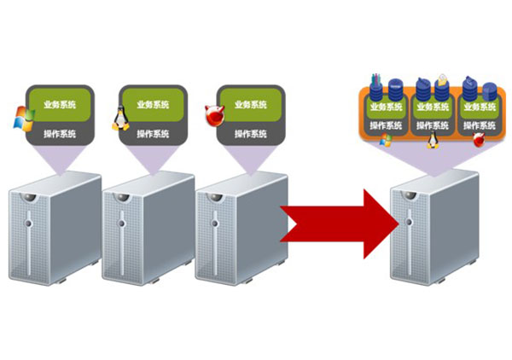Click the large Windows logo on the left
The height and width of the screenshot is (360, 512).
[x=23, y=119]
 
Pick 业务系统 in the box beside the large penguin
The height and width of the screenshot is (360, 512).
[x=154, y=105]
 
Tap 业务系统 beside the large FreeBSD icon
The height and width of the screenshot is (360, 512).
[x=250, y=105]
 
